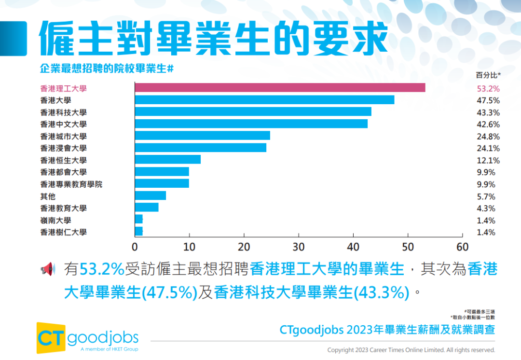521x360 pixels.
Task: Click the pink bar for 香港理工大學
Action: tap(280, 88)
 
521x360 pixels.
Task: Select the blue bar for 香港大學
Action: tap(264, 100)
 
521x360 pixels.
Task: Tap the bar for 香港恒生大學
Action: tap(167, 160)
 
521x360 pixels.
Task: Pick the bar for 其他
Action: tap(150, 195)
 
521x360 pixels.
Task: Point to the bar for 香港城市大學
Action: tap(202, 136)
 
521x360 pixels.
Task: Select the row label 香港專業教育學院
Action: tap(71, 184)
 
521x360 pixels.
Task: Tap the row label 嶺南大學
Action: tap(55, 220)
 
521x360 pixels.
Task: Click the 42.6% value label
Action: tap(488, 125)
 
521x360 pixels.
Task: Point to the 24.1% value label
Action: tap(488, 149)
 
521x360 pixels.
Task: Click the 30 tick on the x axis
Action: tap(299, 247)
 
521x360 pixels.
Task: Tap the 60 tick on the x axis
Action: tap(463, 247)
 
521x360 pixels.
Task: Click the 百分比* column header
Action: tap(488, 75)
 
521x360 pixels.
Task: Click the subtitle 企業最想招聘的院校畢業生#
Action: tap(106, 69)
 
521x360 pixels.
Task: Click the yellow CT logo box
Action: tap(51, 337)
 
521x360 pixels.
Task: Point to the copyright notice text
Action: tap(411, 350)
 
